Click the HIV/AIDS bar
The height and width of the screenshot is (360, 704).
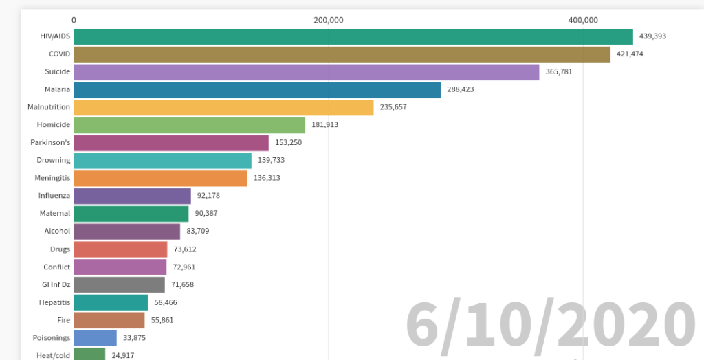click(353, 36)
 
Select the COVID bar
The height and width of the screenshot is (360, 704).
click(342, 54)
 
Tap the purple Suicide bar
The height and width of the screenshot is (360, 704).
click(306, 72)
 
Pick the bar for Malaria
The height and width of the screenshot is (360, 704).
click(257, 90)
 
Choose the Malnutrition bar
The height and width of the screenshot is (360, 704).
click(223, 107)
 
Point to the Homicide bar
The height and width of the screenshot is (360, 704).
click(189, 125)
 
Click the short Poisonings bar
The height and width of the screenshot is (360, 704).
click(95, 338)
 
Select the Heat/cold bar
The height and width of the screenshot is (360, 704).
click(89, 355)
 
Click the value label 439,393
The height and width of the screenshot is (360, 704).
click(652, 36)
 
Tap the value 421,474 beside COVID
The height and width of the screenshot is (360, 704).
click(630, 54)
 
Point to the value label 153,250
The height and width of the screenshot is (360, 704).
click(288, 143)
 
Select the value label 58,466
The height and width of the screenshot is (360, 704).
click(166, 302)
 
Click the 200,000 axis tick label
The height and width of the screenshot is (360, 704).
click(329, 20)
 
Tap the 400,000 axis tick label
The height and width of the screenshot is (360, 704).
click(583, 20)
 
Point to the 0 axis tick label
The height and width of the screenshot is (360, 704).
click(74, 20)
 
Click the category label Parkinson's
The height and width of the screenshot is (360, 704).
click(50, 143)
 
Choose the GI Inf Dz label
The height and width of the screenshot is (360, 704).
click(56, 284)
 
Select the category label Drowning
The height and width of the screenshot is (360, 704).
click(54, 161)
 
